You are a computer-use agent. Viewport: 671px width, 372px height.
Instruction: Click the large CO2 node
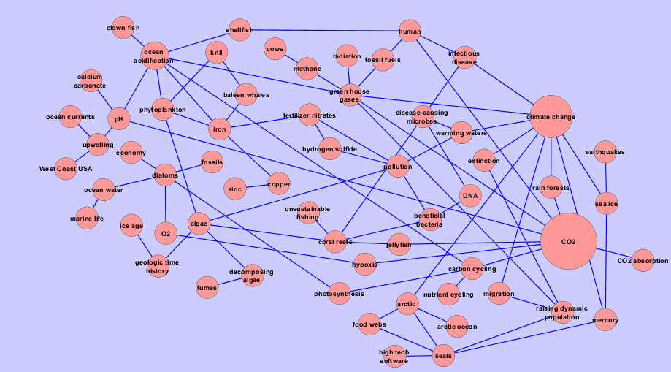tap(568, 242)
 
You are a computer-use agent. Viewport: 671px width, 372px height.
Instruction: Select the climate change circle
tap(551, 117)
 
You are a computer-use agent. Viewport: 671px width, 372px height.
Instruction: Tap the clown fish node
tap(123, 29)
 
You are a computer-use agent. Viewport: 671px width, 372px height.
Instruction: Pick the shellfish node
tap(239, 30)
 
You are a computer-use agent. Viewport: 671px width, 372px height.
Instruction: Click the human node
tap(410, 31)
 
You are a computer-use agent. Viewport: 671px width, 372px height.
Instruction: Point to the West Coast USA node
tap(66, 169)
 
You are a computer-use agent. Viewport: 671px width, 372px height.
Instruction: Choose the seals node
tap(443, 356)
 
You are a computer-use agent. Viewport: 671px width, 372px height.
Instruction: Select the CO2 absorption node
tap(643, 261)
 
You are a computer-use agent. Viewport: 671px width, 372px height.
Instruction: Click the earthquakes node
tap(605, 152)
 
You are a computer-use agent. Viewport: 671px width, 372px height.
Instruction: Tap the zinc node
tap(235, 189)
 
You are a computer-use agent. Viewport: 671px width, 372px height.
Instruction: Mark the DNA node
tap(469, 196)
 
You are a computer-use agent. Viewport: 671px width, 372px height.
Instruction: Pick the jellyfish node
tap(399, 244)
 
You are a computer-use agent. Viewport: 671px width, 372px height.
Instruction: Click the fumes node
tap(207, 288)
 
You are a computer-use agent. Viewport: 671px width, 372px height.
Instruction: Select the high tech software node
tap(394, 357)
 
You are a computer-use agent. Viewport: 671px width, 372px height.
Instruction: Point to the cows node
tap(275, 49)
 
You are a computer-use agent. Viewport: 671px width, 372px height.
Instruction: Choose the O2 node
tap(166, 234)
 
